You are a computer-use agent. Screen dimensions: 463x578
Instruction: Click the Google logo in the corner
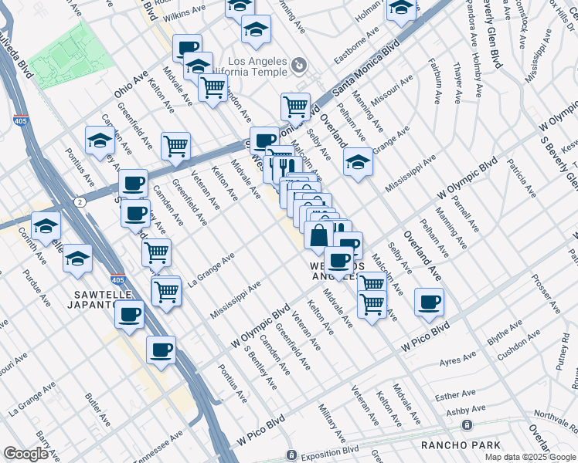pos(26,454)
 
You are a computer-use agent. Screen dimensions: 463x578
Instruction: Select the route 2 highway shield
pos(80,201)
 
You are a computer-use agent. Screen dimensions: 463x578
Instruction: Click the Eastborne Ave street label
pos(356,49)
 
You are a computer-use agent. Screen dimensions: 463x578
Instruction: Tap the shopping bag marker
pos(318,235)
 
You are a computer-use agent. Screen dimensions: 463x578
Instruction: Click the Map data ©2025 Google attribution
pos(529,457)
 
